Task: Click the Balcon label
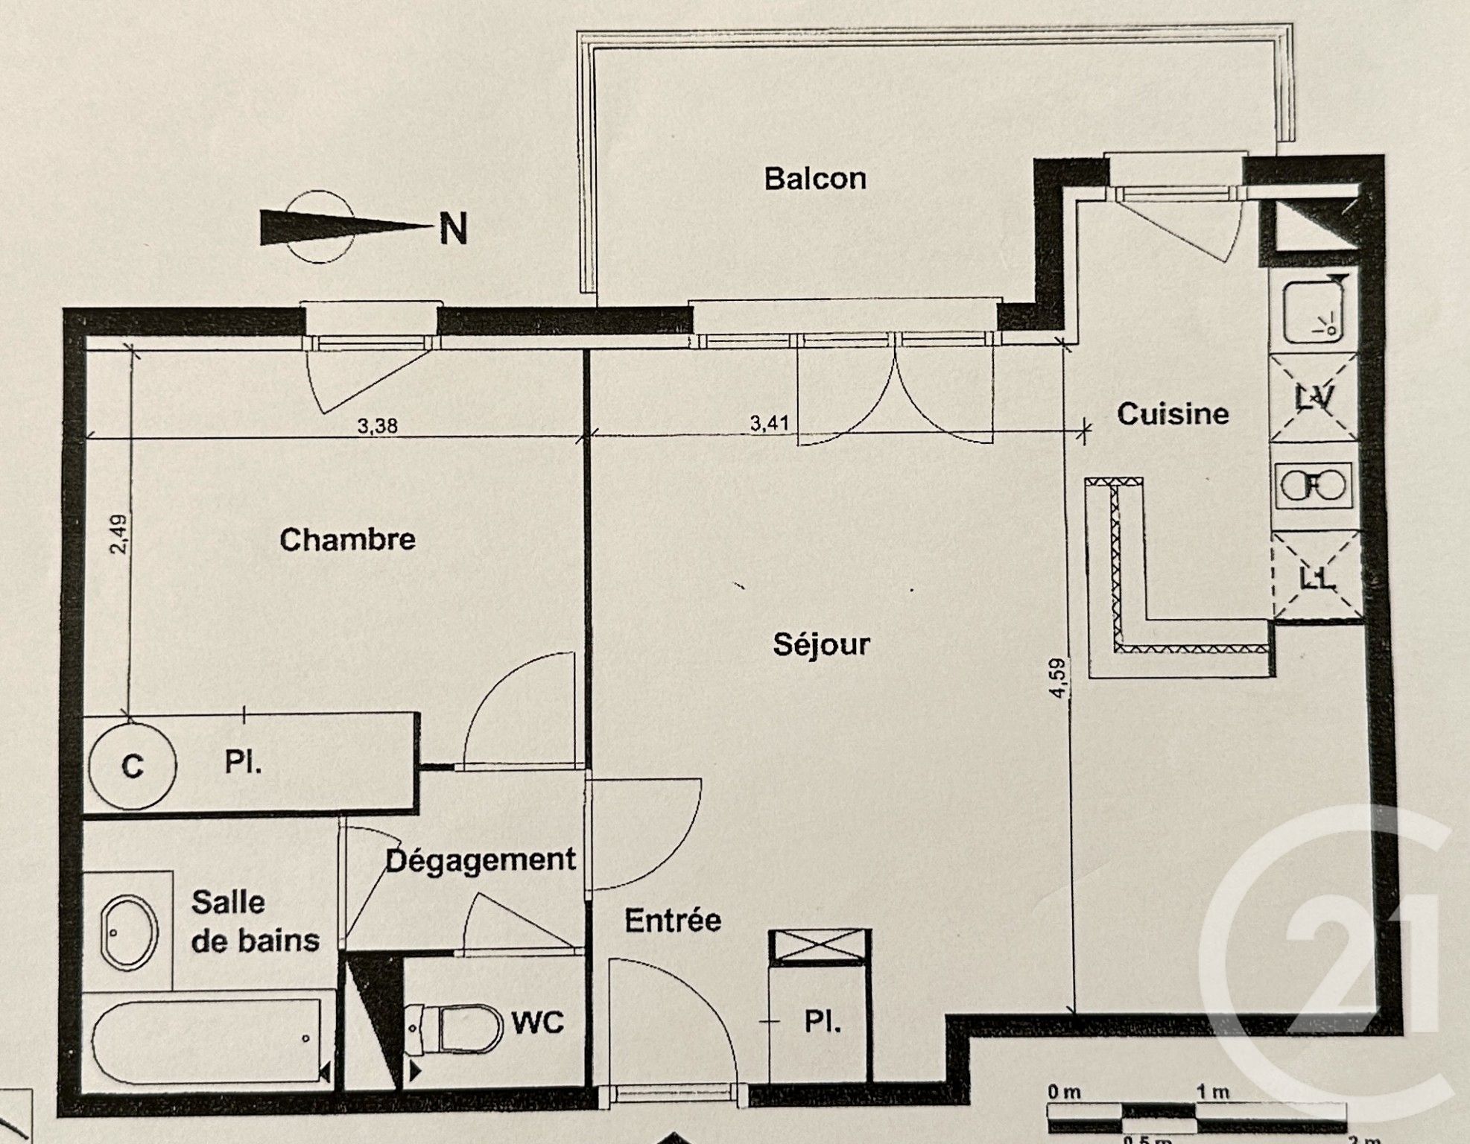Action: pos(815,179)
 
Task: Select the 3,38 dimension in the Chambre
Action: pos(378,426)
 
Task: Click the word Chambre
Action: pos(347,539)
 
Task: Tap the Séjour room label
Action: pos(821,644)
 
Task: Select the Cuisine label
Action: pos(1173,414)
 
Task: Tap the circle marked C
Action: pos(132,766)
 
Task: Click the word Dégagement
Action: pos(480,860)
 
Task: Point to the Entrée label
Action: pos(672,921)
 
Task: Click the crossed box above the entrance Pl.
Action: pos(820,947)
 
